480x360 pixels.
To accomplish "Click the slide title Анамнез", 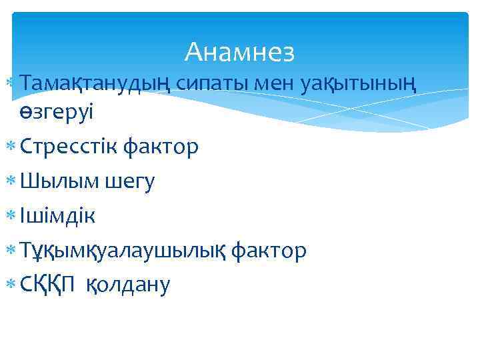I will pos(239,51).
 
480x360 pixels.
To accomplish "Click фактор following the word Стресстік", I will pos(161,146).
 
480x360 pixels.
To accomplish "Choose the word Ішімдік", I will pos(57,215).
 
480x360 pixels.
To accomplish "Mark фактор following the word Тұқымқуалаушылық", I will pos(270,250).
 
